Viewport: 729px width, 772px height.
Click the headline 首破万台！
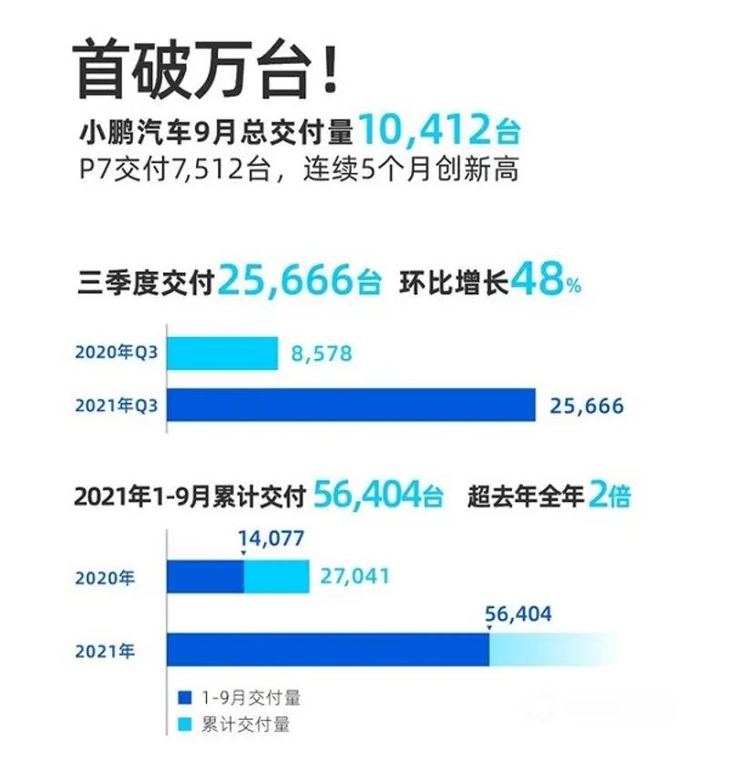pyautogui.click(x=209, y=69)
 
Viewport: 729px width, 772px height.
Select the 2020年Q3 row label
pyautogui.click(x=118, y=354)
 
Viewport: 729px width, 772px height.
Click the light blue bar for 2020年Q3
pyautogui.click(x=222, y=354)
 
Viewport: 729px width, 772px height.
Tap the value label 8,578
pyautogui.click(x=321, y=354)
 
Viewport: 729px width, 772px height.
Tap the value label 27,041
pyautogui.click(x=354, y=577)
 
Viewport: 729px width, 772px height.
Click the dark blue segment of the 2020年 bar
pyautogui.click(x=205, y=577)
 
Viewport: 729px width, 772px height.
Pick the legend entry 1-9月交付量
pyautogui.click(x=240, y=698)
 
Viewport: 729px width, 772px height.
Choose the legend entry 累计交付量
pyautogui.click(x=233, y=726)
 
